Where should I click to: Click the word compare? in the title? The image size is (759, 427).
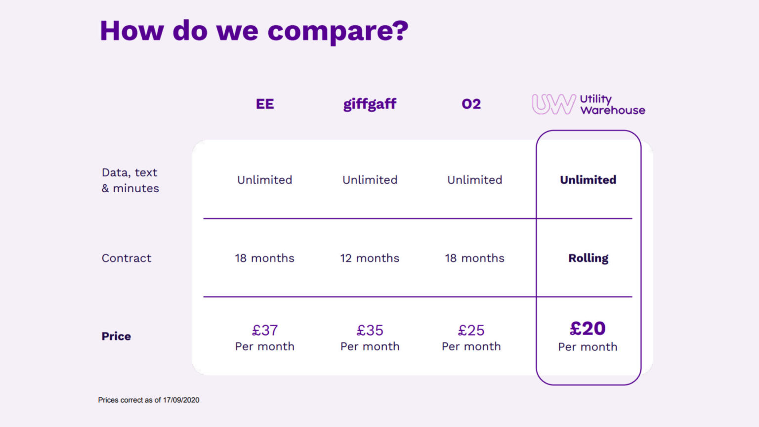click(x=338, y=32)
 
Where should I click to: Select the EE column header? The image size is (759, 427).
click(x=265, y=104)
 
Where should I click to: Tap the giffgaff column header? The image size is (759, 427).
click(x=370, y=104)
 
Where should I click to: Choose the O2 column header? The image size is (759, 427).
click(x=471, y=104)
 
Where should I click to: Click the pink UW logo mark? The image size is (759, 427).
click(x=553, y=104)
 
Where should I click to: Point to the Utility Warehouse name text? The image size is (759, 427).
click(x=612, y=105)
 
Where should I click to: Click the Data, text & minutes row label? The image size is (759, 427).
click(x=130, y=180)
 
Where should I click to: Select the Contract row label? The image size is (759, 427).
click(x=126, y=258)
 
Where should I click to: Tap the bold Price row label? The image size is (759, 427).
click(x=116, y=337)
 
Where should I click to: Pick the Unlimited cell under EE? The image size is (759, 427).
click(x=265, y=180)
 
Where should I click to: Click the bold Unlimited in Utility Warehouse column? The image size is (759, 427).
click(x=588, y=180)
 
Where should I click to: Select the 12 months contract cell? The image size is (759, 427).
click(x=370, y=258)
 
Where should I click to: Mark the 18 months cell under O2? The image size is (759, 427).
click(x=474, y=258)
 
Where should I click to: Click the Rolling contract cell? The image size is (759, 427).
click(x=588, y=258)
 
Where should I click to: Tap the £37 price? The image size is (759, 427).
click(x=265, y=330)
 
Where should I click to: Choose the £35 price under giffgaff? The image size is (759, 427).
click(x=370, y=330)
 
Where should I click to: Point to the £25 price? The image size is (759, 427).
click(x=471, y=330)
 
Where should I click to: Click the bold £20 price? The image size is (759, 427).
click(x=588, y=329)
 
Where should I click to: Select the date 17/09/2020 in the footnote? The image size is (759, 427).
click(x=181, y=400)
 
